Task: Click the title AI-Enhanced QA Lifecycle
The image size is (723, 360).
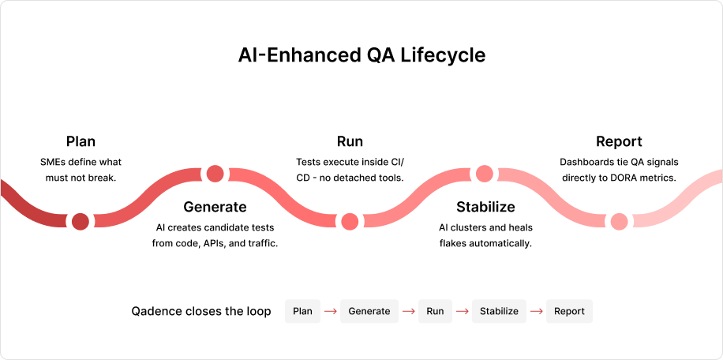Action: pyautogui.click(x=361, y=56)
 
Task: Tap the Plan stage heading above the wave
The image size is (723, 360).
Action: pyautogui.click(x=81, y=142)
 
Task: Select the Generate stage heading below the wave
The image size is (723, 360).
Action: pyautogui.click(x=215, y=208)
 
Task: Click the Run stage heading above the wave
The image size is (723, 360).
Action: pyautogui.click(x=350, y=142)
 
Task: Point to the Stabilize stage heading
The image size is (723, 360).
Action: pyautogui.click(x=485, y=208)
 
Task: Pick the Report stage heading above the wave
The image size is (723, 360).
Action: pyautogui.click(x=620, y=142)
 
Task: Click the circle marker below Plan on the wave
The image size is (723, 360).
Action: pyautogui.click(x=81, y=221)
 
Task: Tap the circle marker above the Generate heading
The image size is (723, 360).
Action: pyautogui.click(x=215, y=174)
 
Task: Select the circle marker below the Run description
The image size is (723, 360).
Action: pyautogui.click(x=350, y=221)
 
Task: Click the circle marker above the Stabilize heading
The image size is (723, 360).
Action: pyautogui.click(x=485, y=174)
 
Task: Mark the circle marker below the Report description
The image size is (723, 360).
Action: pyautogui.click(x=620, y=221)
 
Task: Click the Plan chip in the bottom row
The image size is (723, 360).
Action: pyautogui.click(x=302, y=311)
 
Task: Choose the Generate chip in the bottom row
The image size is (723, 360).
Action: pyautogui.click(x=369, y=311)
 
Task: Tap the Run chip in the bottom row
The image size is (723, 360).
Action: pyautogui.click(x=435, y=311)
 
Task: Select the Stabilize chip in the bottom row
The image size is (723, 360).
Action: pyautogui.click(x=499, y=311)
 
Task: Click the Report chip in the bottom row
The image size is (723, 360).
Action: pyautogui.click(x=569, y=311)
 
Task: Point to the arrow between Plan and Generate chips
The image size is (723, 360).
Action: pyautogui.click(x=331, y=311)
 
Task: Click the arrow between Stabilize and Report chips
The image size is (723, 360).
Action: pyautogui.click(x=536, y=311)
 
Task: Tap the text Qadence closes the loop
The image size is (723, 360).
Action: pyautogui.click(x=201, y=311)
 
